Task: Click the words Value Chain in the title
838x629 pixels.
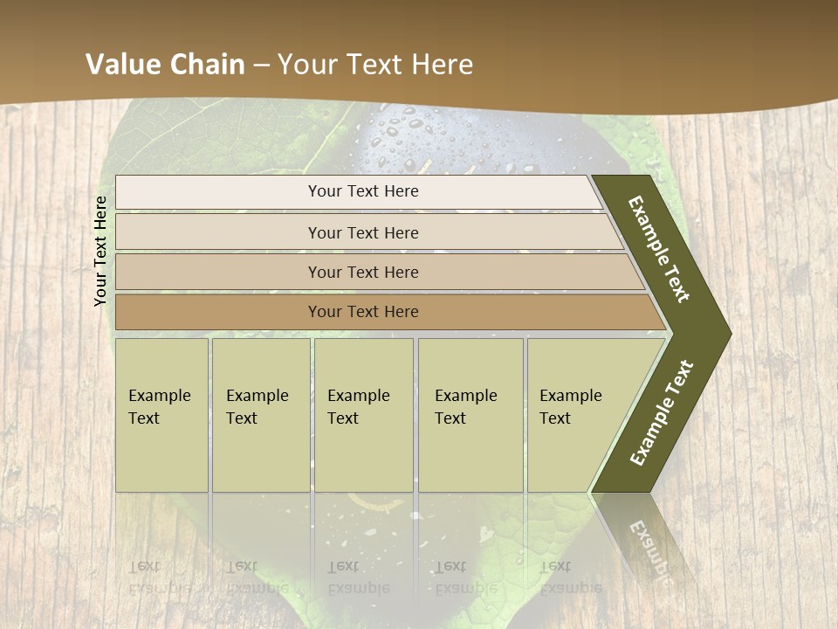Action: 166,64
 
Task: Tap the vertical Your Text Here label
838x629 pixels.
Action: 100,251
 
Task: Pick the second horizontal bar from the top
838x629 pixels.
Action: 362,232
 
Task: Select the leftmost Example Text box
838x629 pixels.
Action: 161,415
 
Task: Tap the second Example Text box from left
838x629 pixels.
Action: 260,415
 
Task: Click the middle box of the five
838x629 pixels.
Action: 363,415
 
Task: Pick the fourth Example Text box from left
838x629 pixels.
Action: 471,415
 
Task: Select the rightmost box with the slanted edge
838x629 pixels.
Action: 576,415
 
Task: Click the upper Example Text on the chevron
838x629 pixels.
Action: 659,249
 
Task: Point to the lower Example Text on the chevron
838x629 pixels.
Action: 661,413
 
